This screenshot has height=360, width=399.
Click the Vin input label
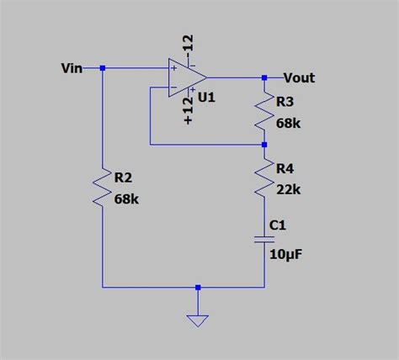(72, 68)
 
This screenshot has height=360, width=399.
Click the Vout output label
(299, 77)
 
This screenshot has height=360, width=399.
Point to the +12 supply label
(189, 109)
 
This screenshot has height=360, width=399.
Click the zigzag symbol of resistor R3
(264, 113)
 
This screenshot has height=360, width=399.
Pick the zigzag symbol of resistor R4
(264, 179)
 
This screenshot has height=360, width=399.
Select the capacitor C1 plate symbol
(264, 240)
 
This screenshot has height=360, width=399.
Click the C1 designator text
(279, 225)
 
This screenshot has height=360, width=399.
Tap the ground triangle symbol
(198, 320)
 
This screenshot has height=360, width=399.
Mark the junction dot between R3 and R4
(264, 144)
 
